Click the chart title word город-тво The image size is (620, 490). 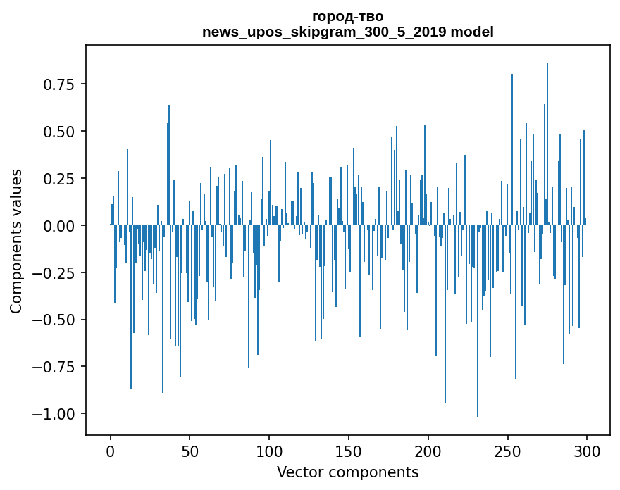(347, 17)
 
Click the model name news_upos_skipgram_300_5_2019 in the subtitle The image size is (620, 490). (325, 32)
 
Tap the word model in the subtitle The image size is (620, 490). (472, 32)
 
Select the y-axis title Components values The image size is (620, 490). (15, 241)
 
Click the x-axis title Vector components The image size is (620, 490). (347, 472)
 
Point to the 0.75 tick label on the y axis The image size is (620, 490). (59, 84)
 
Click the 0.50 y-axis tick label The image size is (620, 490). (59, 131)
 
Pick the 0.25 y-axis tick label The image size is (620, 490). (59, 178)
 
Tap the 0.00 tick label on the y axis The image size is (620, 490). (59, 225)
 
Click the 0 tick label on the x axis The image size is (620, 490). (111, 451)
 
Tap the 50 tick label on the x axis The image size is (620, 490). (190, 451)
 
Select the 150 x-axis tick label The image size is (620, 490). (348, 451)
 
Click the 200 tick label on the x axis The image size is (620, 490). (428, 451)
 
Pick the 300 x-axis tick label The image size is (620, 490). (586, 451)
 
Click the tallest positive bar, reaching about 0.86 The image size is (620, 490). (547, 144)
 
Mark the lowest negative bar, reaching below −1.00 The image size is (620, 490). (477, 321)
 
